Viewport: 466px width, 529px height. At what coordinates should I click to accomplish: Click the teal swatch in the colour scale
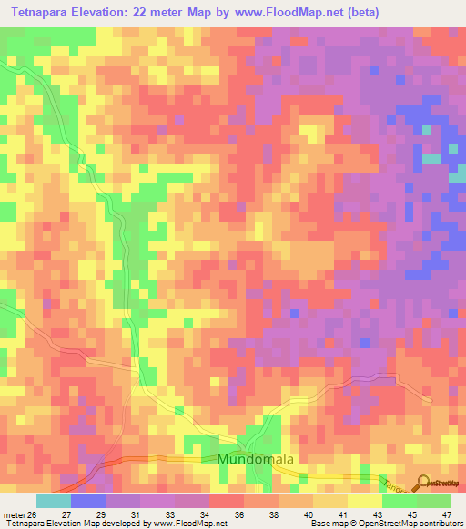tap(53, 501)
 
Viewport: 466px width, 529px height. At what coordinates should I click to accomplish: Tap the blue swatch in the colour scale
tap(87, 501)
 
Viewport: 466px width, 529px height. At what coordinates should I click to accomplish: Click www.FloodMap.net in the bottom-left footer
tap(179, 524)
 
